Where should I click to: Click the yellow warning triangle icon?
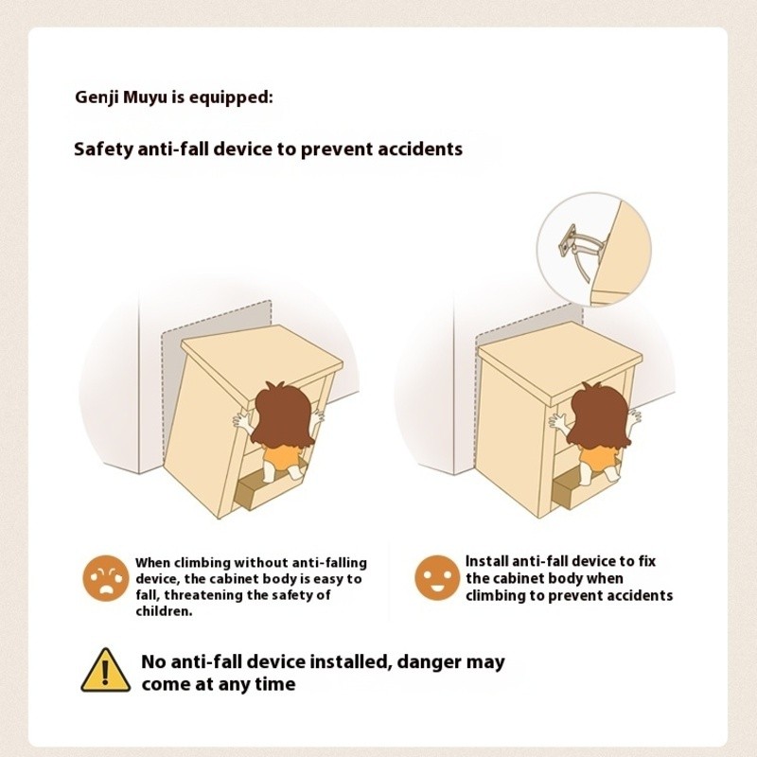105,671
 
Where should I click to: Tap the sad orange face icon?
106,578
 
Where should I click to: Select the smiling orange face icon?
437,578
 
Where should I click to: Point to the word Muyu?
147,97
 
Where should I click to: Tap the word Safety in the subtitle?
103,149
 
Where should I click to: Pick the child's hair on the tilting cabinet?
282,414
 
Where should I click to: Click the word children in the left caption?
164,611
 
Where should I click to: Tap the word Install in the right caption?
486,561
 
